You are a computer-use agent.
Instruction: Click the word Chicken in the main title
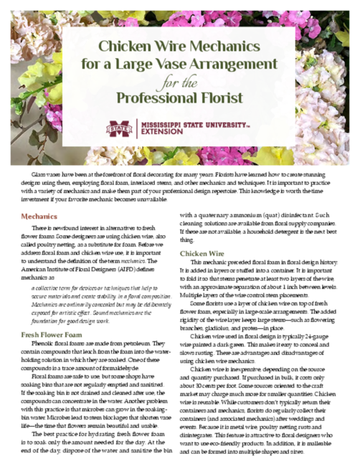[x=126, y=47]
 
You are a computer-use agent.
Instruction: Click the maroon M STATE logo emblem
[x=120, y=128]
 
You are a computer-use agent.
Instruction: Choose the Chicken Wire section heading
[x=204, y=254]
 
